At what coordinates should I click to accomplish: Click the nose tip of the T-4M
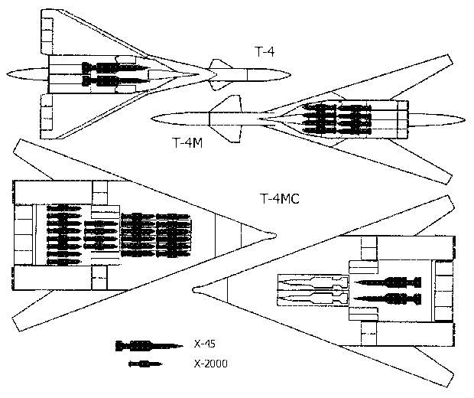coord(152,116)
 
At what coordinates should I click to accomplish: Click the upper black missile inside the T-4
coord(110,67)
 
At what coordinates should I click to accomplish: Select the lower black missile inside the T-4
coord(110,81)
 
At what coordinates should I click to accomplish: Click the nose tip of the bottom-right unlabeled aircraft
coord(196,289)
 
